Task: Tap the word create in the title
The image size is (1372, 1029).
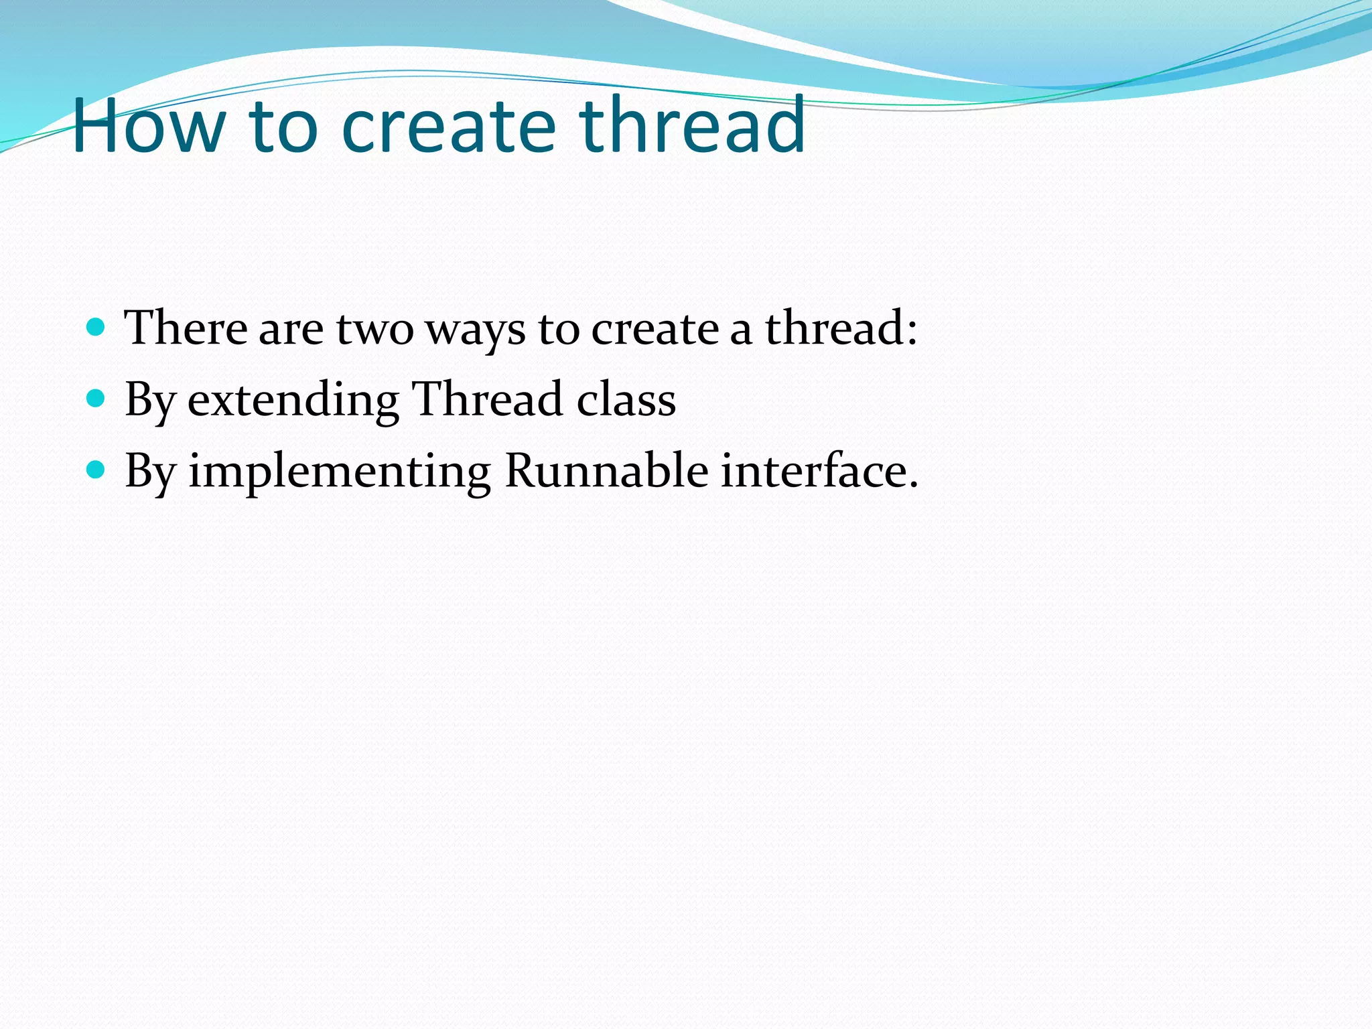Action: click(448, 125)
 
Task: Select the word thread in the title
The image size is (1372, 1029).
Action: click(692, 125)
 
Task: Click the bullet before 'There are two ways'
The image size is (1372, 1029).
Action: click(96, 327)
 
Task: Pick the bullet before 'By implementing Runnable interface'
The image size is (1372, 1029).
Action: click(96, 470)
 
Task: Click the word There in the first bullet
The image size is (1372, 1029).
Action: click(186, 328)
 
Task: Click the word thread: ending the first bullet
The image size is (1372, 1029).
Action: click(841, 328)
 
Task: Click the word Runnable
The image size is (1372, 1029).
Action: click(606, 470)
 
